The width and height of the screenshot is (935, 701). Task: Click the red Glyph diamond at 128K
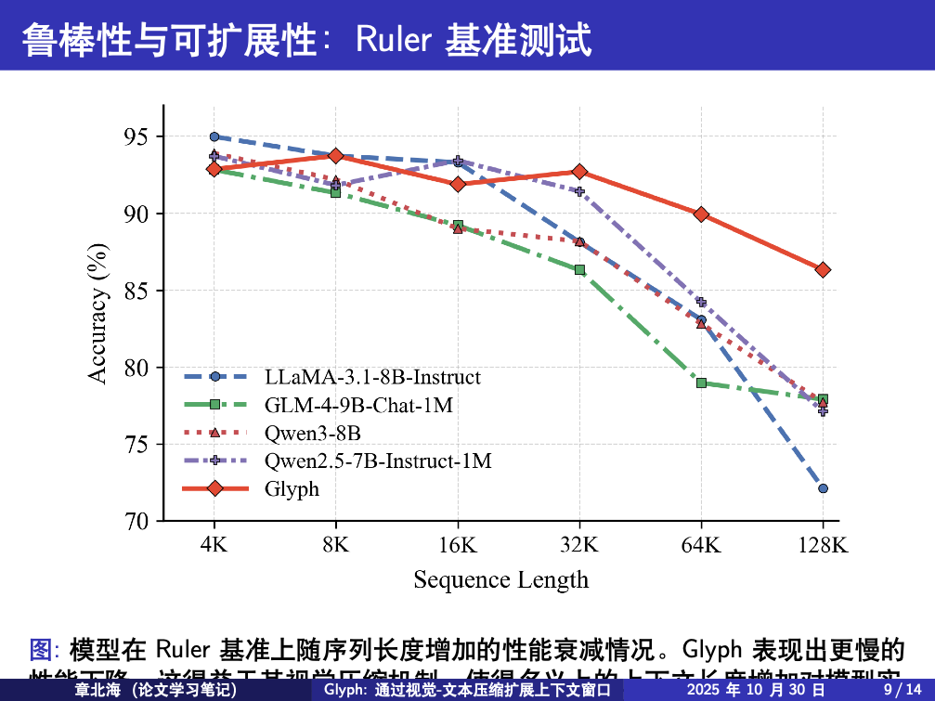pos(823,269)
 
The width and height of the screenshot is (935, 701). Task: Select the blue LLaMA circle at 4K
pos(214,136)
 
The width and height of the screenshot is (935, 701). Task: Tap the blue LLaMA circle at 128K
pos(823,488)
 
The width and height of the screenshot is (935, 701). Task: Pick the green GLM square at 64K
pos(701,383)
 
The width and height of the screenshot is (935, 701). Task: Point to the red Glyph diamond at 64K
pos(701,214)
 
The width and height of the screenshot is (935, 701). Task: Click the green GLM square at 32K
pos(579,269)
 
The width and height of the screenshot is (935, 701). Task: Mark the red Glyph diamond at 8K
pos(335,155)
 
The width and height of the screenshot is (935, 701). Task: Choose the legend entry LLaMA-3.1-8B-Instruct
pos(372,377)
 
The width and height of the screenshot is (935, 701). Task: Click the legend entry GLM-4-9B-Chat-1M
pos(358,405)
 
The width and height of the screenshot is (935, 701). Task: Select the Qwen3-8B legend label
pos(312,433)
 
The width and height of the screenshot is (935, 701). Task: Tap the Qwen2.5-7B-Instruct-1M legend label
pos(378,461)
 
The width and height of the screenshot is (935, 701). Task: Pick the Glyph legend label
pos(292,488)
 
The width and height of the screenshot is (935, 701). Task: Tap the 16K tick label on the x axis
pos(457,545)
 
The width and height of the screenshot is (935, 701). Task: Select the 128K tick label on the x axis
pos(823,545)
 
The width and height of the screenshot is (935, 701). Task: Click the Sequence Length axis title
pos(500,580)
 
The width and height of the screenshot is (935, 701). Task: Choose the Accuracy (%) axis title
pos(98,313)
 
